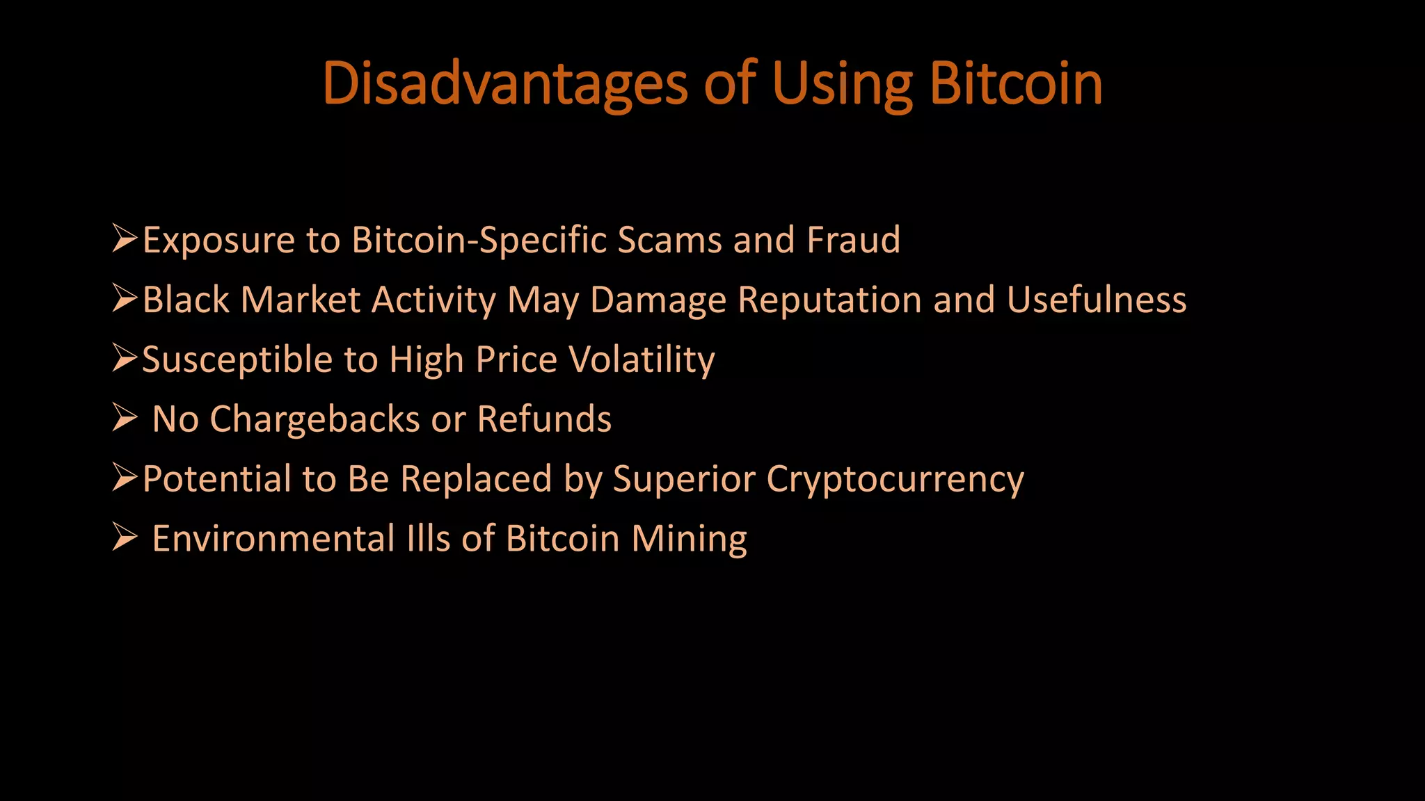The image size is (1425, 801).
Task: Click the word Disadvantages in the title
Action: pos(505,84)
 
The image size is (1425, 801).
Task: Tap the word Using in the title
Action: pos(841,84)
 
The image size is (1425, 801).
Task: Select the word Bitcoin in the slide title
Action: pos(1016,84)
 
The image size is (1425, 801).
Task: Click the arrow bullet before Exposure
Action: pos(125,239)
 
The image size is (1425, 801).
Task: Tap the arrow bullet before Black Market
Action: pos(125,299)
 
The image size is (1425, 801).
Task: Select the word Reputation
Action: pos(830,300)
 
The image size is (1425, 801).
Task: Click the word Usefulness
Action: pos(1097,300)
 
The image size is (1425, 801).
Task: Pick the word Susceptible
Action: pos(237,360)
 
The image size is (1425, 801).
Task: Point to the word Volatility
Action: pos(642,360)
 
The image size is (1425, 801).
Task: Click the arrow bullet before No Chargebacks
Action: pos(125,419)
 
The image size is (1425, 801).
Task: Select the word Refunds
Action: pos(544,419)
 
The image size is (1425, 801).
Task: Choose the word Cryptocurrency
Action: pos(895,480)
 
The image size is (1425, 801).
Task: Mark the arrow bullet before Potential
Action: pos(125,478)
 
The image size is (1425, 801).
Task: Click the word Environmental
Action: pos(273,539)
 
